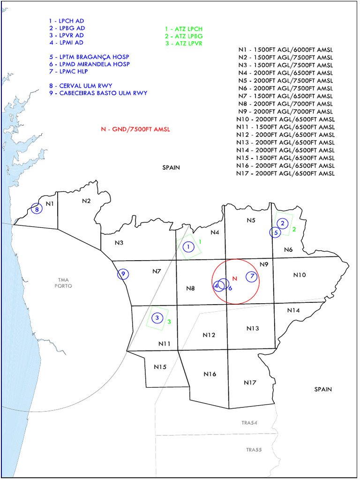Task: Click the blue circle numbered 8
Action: coord(36,209)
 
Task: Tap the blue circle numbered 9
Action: coord(123,274)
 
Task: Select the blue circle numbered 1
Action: coord(188,247)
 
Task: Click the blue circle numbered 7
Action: coord(252,276)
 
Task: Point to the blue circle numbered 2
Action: coord(282,224)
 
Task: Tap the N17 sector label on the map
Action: coord(250,383)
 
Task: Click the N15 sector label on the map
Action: coord(160,367)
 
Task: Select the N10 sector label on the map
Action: coord(299,275)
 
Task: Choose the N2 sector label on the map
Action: coord(86,201)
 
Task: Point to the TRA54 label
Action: coord(249,423)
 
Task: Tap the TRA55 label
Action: coord(254,450)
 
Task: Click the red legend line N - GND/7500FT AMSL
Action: coord(135,129)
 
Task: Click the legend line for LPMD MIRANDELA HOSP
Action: coord(89,64)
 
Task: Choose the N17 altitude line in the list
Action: coord(286,173)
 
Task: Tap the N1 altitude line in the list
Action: coord(286,50)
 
